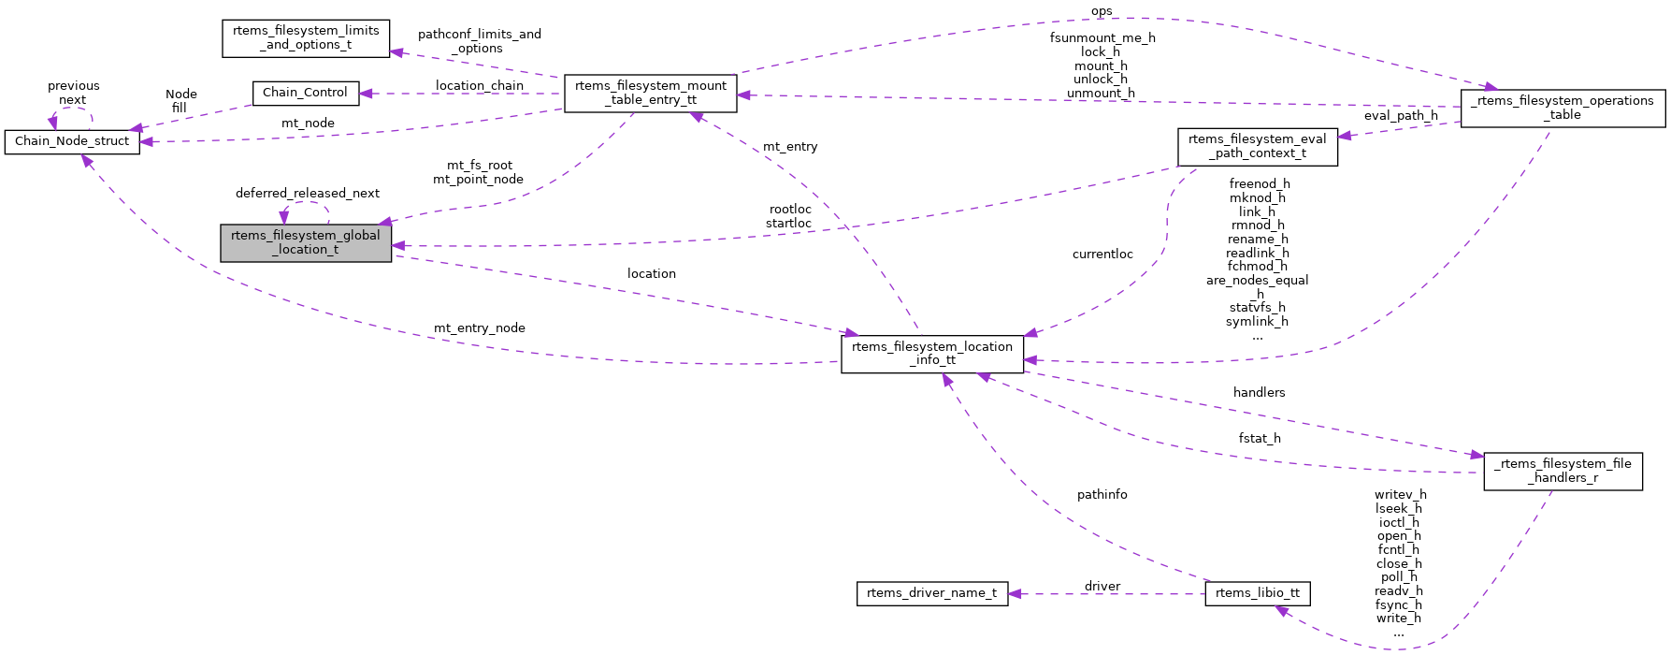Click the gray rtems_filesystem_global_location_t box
tap(306, 242)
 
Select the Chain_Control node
tap(305, 93)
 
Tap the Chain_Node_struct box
tap(72, 141)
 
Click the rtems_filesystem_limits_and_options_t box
tap(306, 38)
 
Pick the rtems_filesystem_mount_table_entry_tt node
tap(650, 93)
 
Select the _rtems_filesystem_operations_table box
tap(1562, 108)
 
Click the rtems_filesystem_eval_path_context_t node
tap(1257, 146)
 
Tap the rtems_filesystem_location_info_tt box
tap(931, 354)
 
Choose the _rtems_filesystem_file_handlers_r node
tap(1562, 471)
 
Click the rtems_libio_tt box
tap(1257, 593)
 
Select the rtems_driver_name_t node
tap(931, 593)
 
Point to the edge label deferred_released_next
tap(307, 194)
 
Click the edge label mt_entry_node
tap(479, 328)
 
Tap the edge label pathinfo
tap(1102, 495)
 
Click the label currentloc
tap(1102, 255)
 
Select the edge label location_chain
tap(479, 86)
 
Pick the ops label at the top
tap(1102, 12)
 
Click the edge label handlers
tap(1259, 393)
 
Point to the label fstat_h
tap(1259, 439)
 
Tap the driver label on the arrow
tap(1102, 587)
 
